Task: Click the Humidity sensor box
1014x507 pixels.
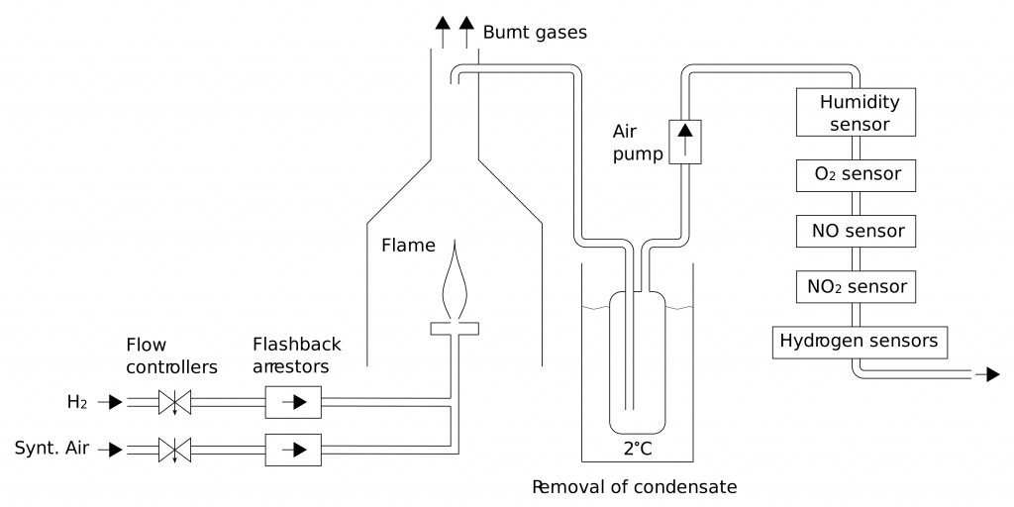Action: pyautogui.click(x=856, y=112)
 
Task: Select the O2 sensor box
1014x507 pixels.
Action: pyautogui.click(x=856, y=174)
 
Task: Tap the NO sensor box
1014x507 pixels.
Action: pyautogui.click(x=856, y=231)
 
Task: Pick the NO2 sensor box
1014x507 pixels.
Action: pyautogui.click(x=856, y=287)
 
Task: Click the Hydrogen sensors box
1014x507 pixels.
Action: pyautogui.click(x=859, y=342)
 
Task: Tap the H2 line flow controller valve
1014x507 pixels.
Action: pyautogui.click(x=176, y=402)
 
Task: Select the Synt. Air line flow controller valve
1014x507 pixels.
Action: pyautogui.click(x=176, y=450)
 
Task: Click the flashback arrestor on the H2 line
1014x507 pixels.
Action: pyautogui.click(x=293, y=402)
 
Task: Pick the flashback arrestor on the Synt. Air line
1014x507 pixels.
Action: pyautogui.click(x=293, y=450)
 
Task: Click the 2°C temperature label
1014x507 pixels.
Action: pyautogui.click(x=637, y=449)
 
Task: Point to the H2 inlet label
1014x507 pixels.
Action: pyautogui.click(x=76, y=402)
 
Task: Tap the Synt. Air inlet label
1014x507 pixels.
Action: pyautogui.click(x=51, y=449)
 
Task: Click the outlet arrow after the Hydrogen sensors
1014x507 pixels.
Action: pyautogui.click(x=987, y=374)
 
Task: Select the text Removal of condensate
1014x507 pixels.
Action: pyautogui.click(x=635, y=487)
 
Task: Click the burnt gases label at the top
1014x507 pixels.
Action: pyautogui.click(x=535, y=33)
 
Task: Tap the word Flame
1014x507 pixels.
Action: pyautogui.click(x=408, y=245)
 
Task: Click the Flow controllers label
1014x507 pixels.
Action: pyautogui.click(x=171, y=356)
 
